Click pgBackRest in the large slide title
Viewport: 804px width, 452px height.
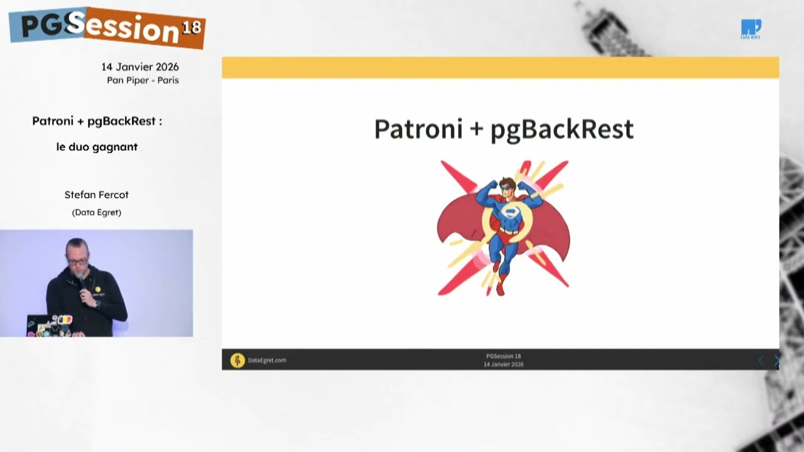[x=562, y=130]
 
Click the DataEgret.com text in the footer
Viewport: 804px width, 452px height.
[x=267, y=360]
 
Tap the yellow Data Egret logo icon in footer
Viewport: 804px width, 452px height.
[x=237, y=360]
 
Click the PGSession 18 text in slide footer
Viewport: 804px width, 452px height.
[x=503, y=356]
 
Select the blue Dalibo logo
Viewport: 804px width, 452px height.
[x=751, y=29]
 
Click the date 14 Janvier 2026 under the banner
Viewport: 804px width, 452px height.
[x=140, y=67]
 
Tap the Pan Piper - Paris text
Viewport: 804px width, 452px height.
[x=143, y=80]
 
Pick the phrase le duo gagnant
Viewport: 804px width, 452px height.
[x=97, y=147]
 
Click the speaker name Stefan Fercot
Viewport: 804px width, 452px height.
[x=96, y=195]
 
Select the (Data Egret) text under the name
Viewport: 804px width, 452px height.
[x=96, y=212]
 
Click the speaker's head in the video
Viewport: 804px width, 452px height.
[x=77, y=252]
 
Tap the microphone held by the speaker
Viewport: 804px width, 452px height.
[x=80, y=278]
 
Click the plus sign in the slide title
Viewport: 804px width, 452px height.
[x=476, y=130]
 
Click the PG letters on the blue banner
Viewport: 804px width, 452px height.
[x=43, y=25]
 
